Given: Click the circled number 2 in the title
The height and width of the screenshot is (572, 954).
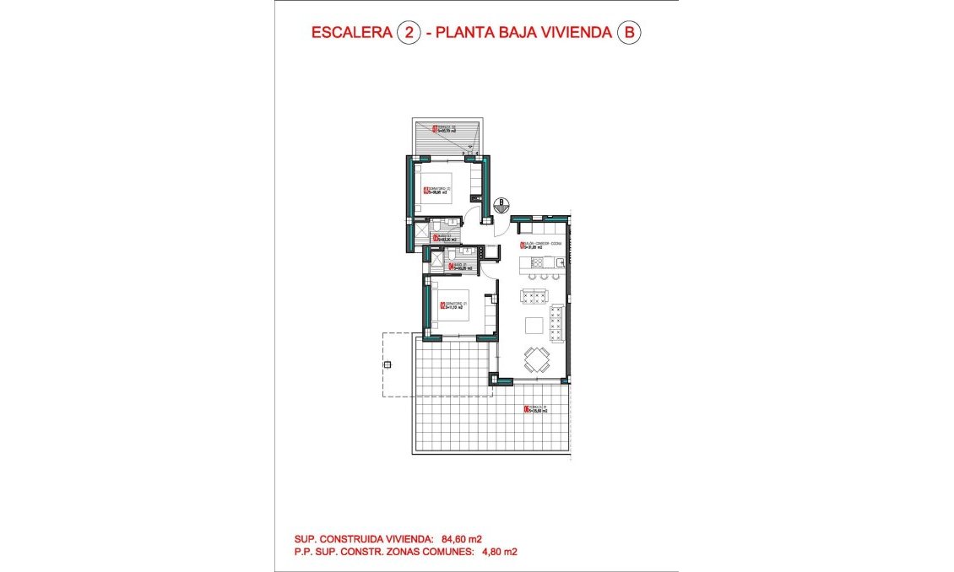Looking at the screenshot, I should [409, 33].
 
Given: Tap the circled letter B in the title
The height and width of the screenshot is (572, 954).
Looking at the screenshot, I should [629, 33].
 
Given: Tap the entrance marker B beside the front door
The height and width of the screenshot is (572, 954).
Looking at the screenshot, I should [501, 203].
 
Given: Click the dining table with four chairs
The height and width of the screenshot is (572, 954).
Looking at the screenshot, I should [535, 360].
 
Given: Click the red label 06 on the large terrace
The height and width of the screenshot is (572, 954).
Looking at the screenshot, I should [526, 410].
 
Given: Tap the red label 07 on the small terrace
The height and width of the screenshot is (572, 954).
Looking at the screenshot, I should [435, 129].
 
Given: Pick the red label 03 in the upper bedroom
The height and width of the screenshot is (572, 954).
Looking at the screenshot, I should [426, 190].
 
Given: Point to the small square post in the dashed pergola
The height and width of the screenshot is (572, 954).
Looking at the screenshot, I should [388, 365].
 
